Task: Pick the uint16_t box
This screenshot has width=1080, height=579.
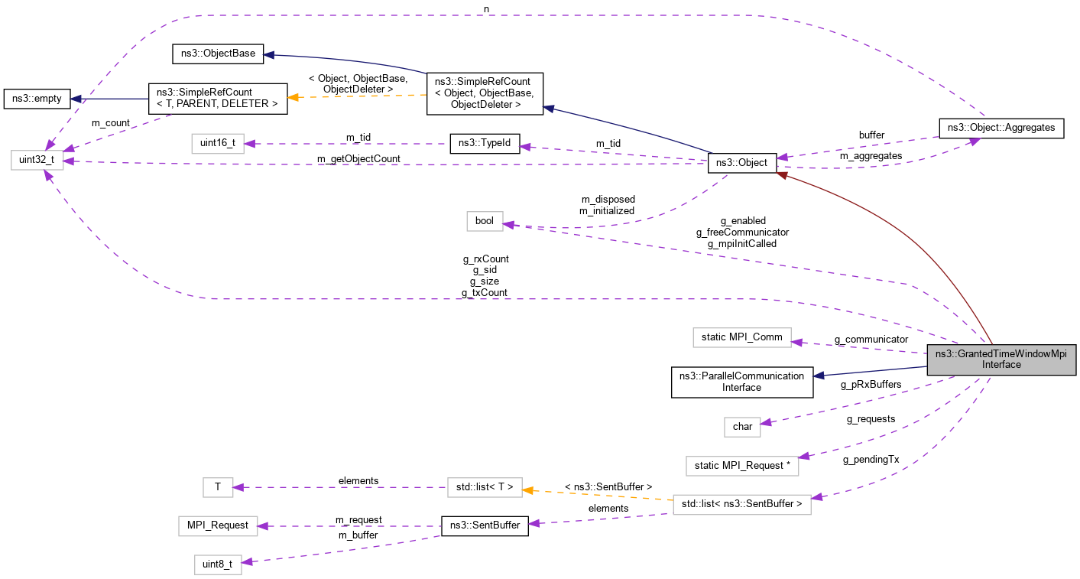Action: pos(217,142)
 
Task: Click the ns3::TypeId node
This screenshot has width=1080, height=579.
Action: pos(485,143)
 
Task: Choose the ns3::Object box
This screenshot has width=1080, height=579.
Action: pos(742,162)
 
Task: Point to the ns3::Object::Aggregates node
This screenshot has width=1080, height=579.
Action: pos(1001,128)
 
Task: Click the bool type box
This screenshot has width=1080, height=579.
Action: pos(485,221)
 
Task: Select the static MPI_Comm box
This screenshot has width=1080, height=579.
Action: pos(741,337)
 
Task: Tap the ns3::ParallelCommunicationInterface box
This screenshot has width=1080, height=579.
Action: pos(741,382)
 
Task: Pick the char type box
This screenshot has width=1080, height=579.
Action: pos(742,426)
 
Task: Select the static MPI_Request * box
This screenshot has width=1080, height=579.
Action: pos(741,465)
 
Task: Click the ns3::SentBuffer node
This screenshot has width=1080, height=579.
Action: pos(485,525)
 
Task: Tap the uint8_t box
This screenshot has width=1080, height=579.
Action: pos(217,564)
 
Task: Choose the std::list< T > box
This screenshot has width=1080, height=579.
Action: pos(485,486)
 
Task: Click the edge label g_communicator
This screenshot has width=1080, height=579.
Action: pos(871,339)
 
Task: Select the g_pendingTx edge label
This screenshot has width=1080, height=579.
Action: pos(871,460)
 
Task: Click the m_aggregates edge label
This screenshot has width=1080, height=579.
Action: pos(871,155)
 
